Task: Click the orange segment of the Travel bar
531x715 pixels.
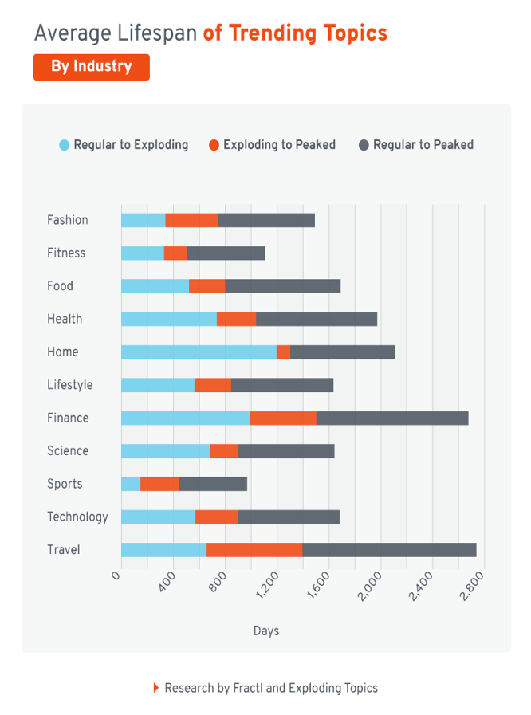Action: coord(254,550)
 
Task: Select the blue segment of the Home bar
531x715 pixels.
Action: coord(199,352)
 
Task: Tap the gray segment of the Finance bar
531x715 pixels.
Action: coord(392,418)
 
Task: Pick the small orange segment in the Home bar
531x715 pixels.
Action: coord(283,352)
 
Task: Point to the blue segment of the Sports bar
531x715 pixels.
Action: coord(131,484)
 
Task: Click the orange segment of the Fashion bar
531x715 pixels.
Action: coord(191,221)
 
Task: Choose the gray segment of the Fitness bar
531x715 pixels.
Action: coord(226,253)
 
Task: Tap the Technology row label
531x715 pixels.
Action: coord(77,517)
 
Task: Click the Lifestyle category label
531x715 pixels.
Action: coord(69,385)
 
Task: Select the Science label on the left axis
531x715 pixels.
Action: coord(68,451)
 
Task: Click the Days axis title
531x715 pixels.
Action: coord(266,631)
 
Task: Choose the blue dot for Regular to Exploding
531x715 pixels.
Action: coord(65,145)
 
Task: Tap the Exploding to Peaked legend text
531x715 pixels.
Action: coord(279,145)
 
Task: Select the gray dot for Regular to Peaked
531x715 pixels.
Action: coord(364,145)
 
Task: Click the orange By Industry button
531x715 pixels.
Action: coord(91,67)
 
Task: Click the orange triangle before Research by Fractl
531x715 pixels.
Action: coord(156,688)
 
